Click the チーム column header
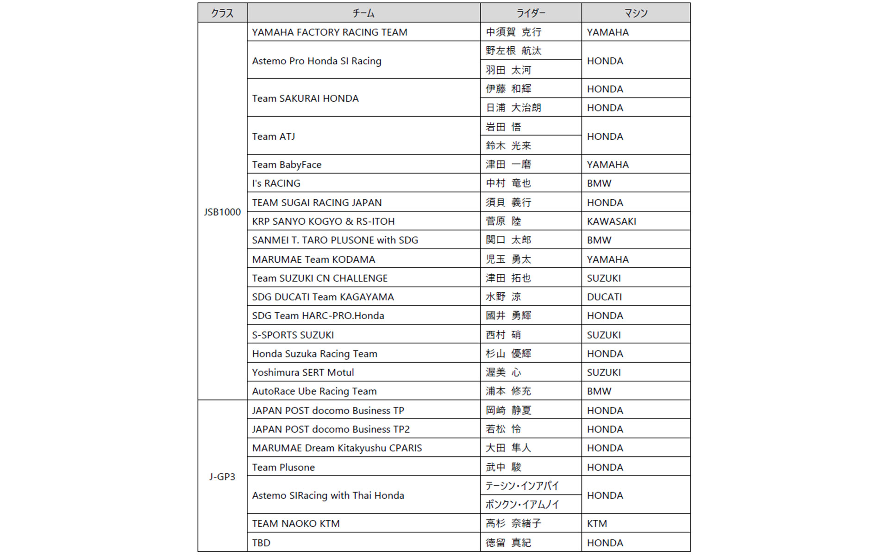click(x=363, y=13)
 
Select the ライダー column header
click(x=531, y=13)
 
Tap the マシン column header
click(x=636, y=13)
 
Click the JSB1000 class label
click(x=222, y=212)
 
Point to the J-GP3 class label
click(x=222, y=476)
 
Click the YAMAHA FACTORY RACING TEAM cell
click(x=330, y=32)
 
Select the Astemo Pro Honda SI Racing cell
click(x=317, y=61)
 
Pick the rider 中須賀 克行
click(x=513, y=32)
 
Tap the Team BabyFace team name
click(x=287, y=165)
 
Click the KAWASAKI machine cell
click(x=611, y=222)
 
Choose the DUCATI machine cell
click(x=604, y=297)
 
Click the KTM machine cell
click(x=597, y=524)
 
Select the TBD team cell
click(x=261, y=543)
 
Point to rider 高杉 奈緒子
click(x=513, y=524)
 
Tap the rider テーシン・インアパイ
click(x=522, y=486)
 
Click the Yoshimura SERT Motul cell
click(x=303, y=372)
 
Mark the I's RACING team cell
click(x=276, y=184)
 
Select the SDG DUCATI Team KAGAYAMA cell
click(x=323, y=297)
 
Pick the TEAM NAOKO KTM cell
click(x=296, y=524)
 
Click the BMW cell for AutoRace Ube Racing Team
click(x=599, y=391)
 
